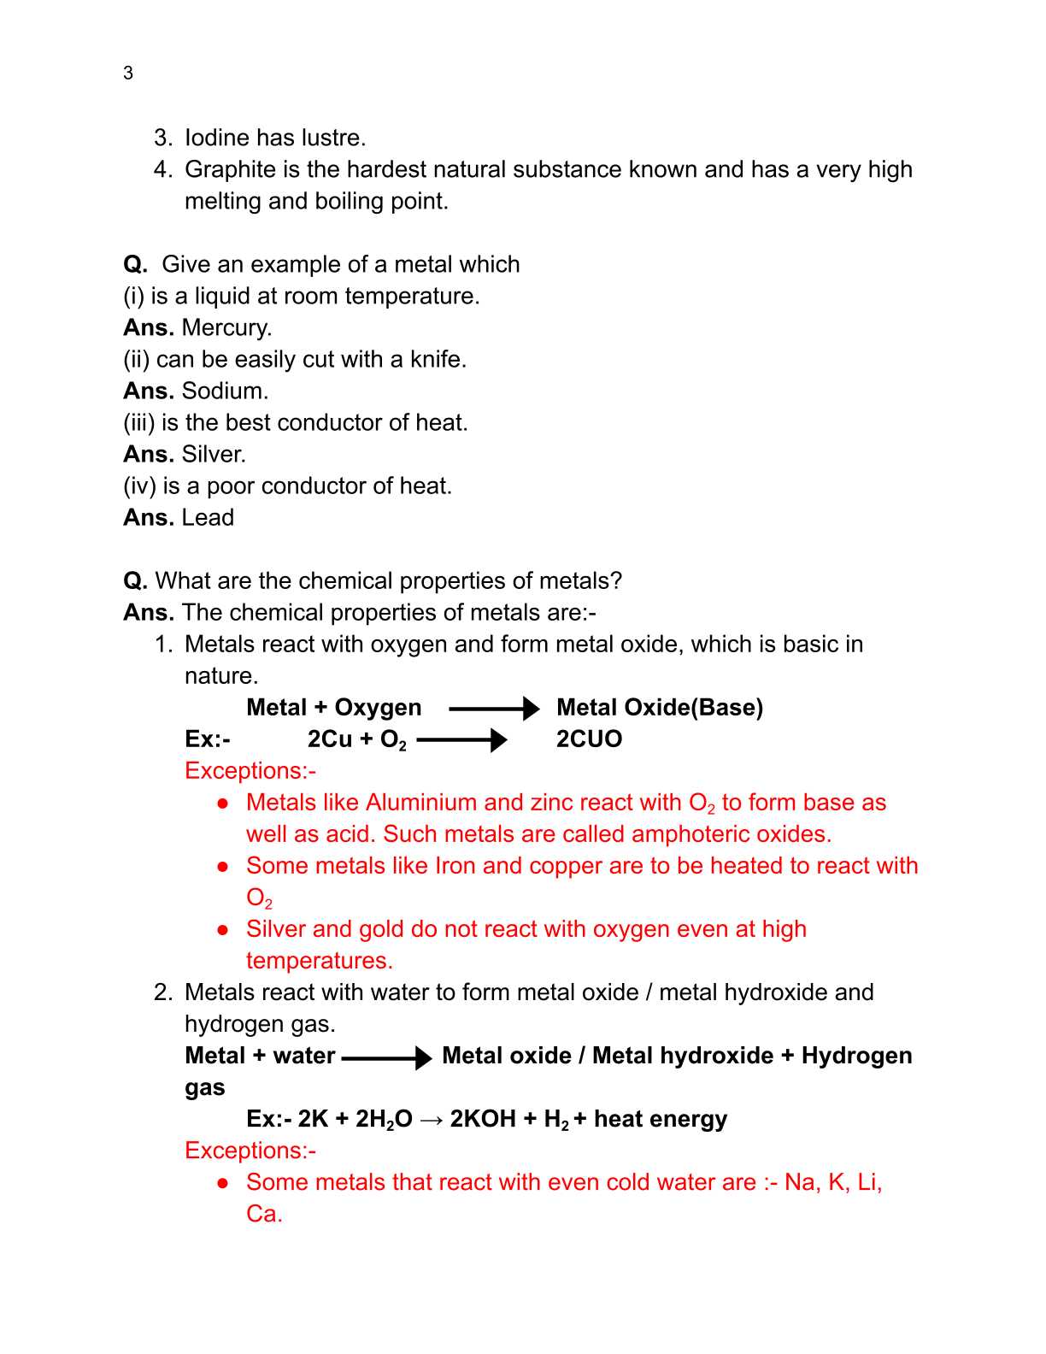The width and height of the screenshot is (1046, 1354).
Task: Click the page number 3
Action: (128, 74)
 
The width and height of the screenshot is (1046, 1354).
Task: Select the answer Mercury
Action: (226, 327)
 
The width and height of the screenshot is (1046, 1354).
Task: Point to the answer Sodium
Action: (225, 391)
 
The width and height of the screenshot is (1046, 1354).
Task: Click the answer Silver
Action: (214, 454)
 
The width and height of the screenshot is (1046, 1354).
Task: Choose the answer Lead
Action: (208, 517)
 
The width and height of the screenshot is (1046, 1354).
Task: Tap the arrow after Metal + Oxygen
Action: (494, 708)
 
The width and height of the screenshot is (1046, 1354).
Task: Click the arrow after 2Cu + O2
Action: (461, 739)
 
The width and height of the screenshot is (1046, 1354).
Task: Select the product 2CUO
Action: (589, 739)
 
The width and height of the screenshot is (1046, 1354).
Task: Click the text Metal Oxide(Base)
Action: (660, 708)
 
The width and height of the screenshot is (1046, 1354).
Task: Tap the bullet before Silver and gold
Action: (223, 929)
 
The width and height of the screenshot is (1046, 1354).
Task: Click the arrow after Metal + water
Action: (386, 1057)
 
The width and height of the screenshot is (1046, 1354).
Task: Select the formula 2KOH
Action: (483, 1119)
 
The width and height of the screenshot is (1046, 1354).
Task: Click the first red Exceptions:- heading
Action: (250, 771)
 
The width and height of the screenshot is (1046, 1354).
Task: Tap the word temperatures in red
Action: (319, 961)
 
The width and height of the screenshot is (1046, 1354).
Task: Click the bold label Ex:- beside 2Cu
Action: (208, 739)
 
